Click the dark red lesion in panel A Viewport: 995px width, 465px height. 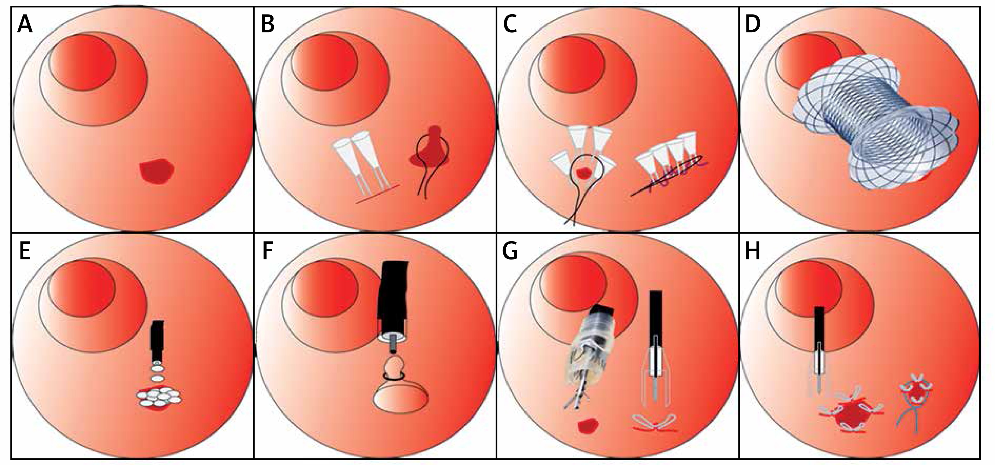[x=157, y=171]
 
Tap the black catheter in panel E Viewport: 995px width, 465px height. [x=158, y=340]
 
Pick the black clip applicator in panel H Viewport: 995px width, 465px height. [x=819, y=332]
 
